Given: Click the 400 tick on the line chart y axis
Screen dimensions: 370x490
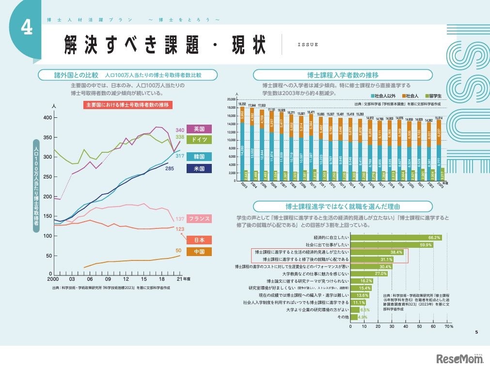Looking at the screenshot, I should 47,118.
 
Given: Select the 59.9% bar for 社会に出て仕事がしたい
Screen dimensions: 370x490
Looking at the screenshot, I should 392,245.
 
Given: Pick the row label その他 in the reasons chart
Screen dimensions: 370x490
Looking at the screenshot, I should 342,317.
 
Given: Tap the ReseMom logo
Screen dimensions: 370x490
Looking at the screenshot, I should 458,358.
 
